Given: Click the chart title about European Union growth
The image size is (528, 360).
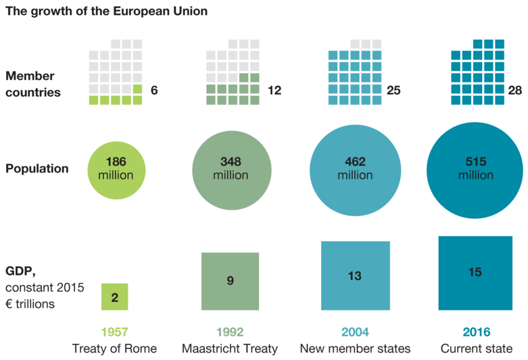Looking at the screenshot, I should coord(107,12).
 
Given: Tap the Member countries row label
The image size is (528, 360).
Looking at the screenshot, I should coord(33,84).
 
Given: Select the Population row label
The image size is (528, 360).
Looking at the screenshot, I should coord(37,168).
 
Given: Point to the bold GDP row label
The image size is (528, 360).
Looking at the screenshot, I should coord(20,271).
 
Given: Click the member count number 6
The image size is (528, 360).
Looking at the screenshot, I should coord(154,90).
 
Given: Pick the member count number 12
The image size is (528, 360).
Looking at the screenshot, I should coord(274,90).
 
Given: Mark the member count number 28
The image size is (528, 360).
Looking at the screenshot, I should coord(514,90).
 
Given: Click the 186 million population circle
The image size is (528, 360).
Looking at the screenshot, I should coord(116,168).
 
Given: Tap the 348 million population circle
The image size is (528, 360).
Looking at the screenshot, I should coord(231,168).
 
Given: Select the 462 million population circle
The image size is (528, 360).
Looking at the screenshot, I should coord(354,168).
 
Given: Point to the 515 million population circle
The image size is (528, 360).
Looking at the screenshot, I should coord(475,168).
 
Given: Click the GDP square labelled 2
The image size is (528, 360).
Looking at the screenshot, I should coord(114,297).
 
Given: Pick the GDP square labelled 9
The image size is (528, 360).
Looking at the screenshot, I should coord(231,281).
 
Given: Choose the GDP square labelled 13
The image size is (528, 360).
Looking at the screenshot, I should coord(355,275).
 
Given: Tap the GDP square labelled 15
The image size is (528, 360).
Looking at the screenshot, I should coord(475,273).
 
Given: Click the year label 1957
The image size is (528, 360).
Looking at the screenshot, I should coord(114,332).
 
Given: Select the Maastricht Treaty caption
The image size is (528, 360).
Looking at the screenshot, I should coord(230,349).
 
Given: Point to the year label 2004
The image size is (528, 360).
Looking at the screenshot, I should coord(355,332).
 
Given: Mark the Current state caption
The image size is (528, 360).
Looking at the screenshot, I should coord(476,349).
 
